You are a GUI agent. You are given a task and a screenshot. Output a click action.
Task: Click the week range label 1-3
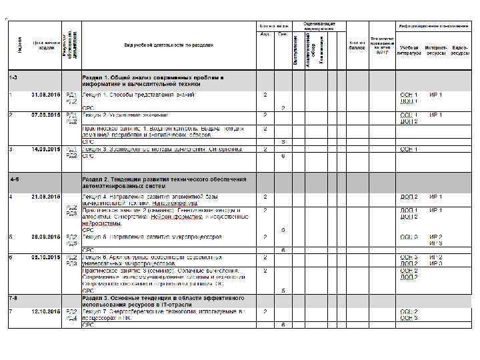[13, 78]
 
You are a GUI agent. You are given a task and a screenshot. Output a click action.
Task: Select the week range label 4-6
[13, 179]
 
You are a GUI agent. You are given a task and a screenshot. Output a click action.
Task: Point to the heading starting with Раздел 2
[163, 182]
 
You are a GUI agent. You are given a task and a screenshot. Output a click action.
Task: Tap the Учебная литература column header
[409, 50]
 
